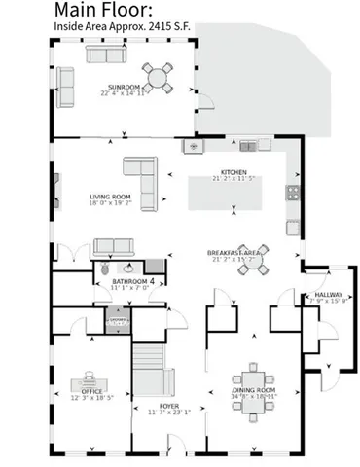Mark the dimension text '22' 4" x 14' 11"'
[x=123, y=94]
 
